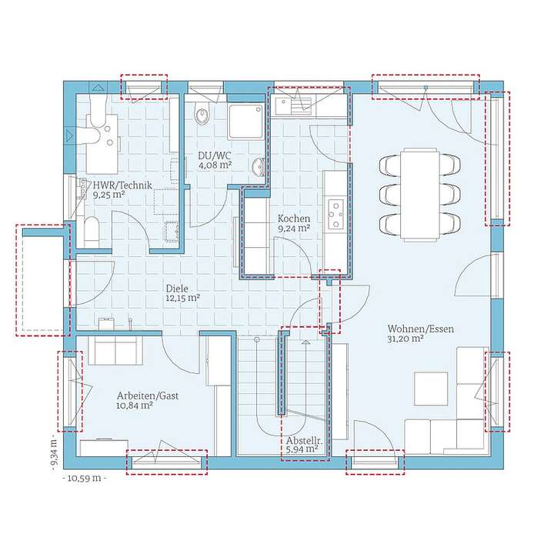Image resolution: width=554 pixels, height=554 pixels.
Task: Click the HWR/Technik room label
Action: (x=122, y=185)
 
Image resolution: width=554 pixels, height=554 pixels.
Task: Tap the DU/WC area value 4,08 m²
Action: (x=215, y=165)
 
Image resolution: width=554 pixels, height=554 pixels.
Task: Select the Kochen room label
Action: (x=294, y=218)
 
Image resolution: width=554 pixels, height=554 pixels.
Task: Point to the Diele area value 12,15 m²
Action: (x=182, y=297)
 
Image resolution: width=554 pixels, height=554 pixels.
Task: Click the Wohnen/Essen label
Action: (x=421, y=329)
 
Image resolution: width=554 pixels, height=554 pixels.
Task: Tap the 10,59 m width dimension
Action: (x=84, y=478)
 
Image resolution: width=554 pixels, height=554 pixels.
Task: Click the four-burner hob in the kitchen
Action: (x=335, y=215)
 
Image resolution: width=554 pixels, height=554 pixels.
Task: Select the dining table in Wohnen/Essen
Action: (x=419, y=192)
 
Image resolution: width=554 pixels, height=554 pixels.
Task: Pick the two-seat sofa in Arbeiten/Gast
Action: (x=115, y=349)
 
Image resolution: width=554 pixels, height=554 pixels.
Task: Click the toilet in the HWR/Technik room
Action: (x=91, y=229)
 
